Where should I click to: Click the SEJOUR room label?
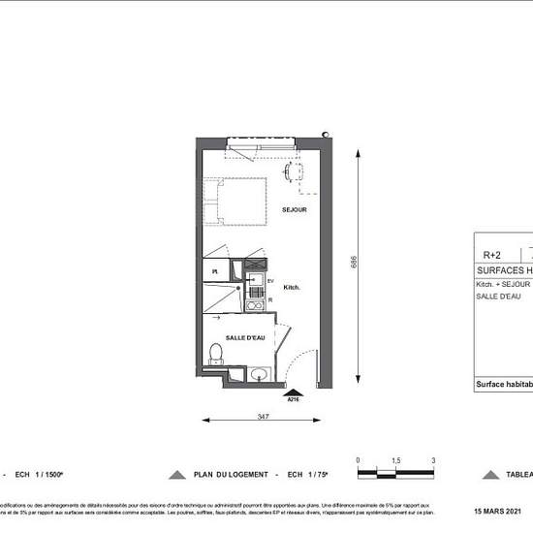pyautogui.click(x=295, y=210)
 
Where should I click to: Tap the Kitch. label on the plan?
pyautogui.click(x=291, y=288)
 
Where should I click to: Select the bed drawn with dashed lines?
pyautogui.click(x=240, y=202)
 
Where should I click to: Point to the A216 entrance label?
pyautogui.click(x=292, y=398)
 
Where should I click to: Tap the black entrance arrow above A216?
pyautogui.click(x=292, y=390)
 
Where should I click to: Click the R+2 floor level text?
pyautogui.click(x=492, y=255)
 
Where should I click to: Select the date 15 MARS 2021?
pyautogui.click(x=497, y=511)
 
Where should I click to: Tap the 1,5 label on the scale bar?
pyautogui.click(x=396, y=460)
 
